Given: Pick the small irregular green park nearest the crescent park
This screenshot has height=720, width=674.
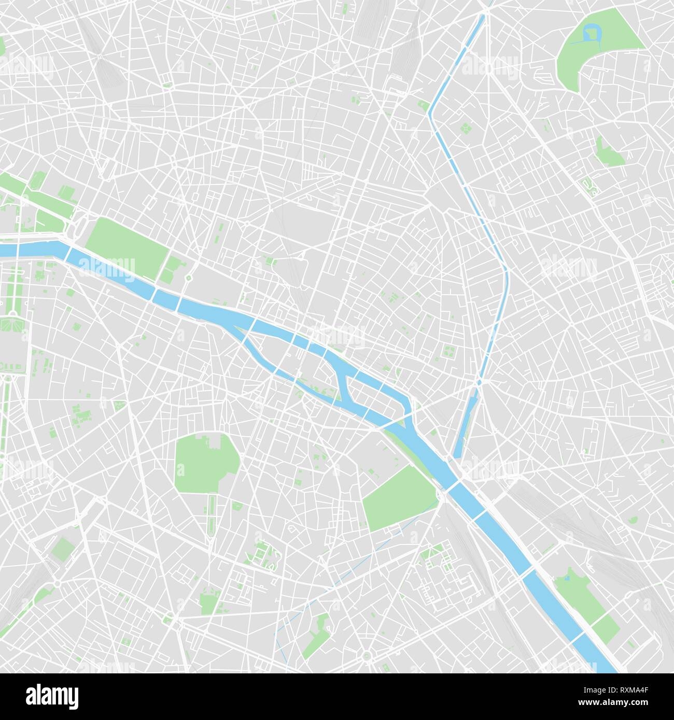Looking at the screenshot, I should pyautogui.click(x=610, y=150).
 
